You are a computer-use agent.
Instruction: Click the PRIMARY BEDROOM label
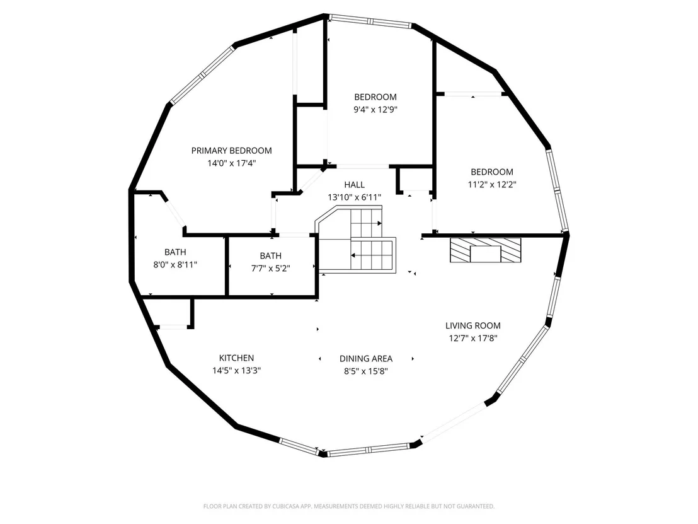point(231,151)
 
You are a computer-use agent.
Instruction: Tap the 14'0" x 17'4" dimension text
point(231,163)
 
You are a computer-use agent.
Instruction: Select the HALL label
point(354,185)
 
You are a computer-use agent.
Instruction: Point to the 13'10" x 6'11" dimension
point(354,197)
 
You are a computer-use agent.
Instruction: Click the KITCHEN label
point(236,358)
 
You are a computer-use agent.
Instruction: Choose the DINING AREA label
point(366,359)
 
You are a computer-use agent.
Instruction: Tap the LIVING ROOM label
point(472,326)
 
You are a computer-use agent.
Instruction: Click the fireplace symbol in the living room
point(485,250)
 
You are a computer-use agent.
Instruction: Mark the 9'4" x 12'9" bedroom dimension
point(375,110)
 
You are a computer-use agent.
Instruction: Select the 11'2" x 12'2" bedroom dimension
point(492,185)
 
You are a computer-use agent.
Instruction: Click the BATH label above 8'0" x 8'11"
point(175,252)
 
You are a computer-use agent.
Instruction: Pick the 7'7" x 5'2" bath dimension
point(271,268)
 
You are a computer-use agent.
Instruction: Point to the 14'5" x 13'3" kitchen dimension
point(236,370)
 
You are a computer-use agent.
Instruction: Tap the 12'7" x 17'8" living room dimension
point(472,338)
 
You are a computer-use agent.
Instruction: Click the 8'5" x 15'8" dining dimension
point(366,371)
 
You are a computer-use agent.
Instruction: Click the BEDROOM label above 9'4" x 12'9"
point(375,97)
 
